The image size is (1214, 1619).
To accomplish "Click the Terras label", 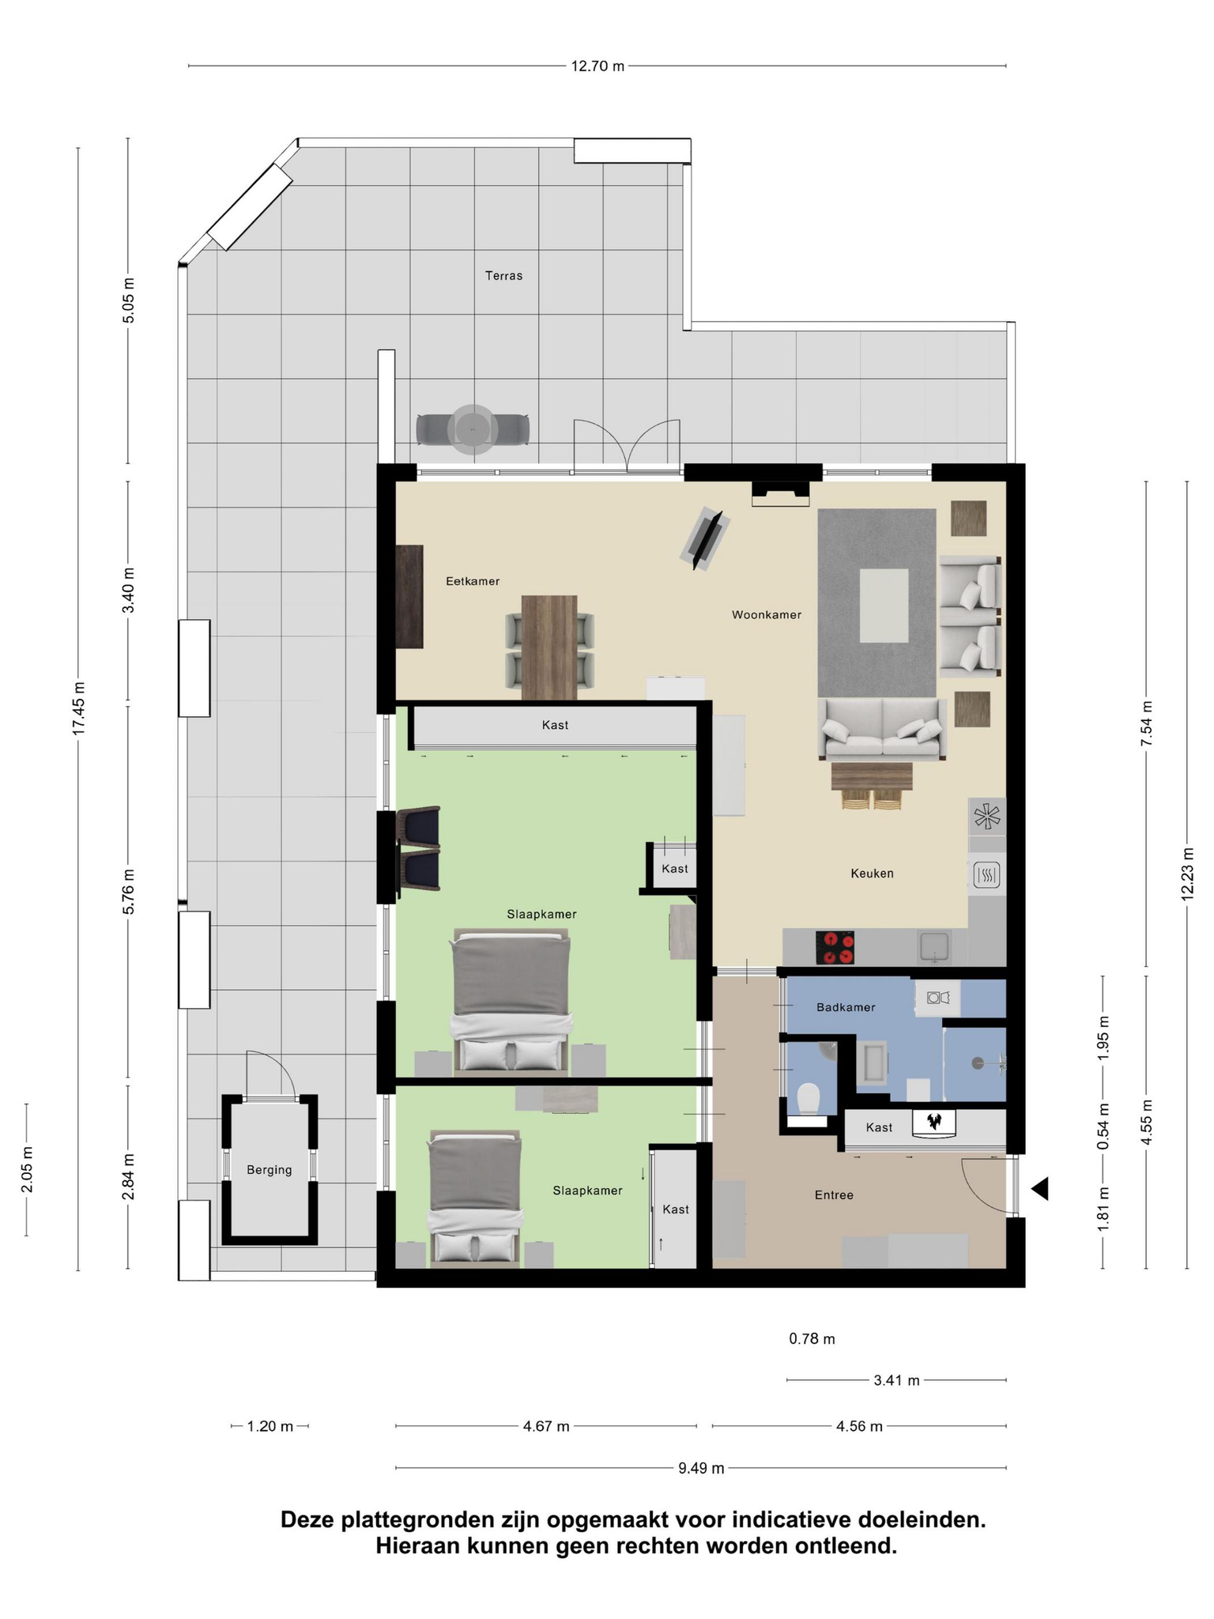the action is coord(503,276).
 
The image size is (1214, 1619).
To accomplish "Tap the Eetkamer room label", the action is coord(473,581).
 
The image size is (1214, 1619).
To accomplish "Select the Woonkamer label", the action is coord(767,614).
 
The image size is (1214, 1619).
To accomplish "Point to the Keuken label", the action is coord(872,874).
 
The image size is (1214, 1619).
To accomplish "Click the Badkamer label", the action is coord(846,1007).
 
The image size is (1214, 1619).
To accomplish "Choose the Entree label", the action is coord(834,1195).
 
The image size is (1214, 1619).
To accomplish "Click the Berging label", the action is coord(269,1170).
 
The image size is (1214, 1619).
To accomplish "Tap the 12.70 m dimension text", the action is coord(598,66).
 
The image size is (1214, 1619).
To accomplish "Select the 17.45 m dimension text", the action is coord(79,708).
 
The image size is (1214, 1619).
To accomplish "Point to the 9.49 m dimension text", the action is coord(701,1468).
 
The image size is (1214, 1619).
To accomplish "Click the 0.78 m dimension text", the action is coord(812,1338).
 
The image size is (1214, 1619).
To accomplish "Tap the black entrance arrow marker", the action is coord(1040,1188).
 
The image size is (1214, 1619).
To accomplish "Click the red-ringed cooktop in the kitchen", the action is coord(835,948).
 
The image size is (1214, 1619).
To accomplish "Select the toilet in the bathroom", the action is coord(809,1098).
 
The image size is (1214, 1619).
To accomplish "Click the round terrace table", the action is coord(473,430).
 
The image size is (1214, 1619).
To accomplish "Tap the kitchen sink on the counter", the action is coord(934,947).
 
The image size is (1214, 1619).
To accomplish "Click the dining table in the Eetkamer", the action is coord(549,647).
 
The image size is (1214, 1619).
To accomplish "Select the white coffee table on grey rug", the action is coord(884,606).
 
